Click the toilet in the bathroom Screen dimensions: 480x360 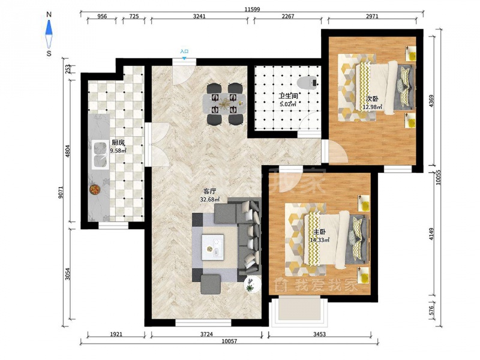click(307, 83)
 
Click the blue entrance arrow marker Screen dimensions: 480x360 click(184, 58)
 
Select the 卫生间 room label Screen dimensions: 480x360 click(288, 96)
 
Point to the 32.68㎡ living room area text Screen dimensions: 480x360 click(209, 199)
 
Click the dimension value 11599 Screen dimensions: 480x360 click(252, 9)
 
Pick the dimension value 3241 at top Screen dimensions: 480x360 click(199, 16)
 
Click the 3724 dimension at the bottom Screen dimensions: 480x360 click(206, 334)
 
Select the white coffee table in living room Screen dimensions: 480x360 click(212, 247)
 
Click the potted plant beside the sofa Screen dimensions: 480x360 click(252, 284)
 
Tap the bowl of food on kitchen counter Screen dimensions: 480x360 click(95, 189)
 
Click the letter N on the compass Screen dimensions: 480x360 click(49, 14)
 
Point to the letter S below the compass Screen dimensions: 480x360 click(49, 53)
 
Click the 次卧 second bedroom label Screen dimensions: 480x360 click(372, 99)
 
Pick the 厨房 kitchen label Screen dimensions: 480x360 click(118, 143)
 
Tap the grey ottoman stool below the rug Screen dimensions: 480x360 click(211, 284)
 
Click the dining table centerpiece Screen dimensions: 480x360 click(224, 103)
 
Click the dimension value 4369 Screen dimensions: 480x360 click(431, 101)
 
